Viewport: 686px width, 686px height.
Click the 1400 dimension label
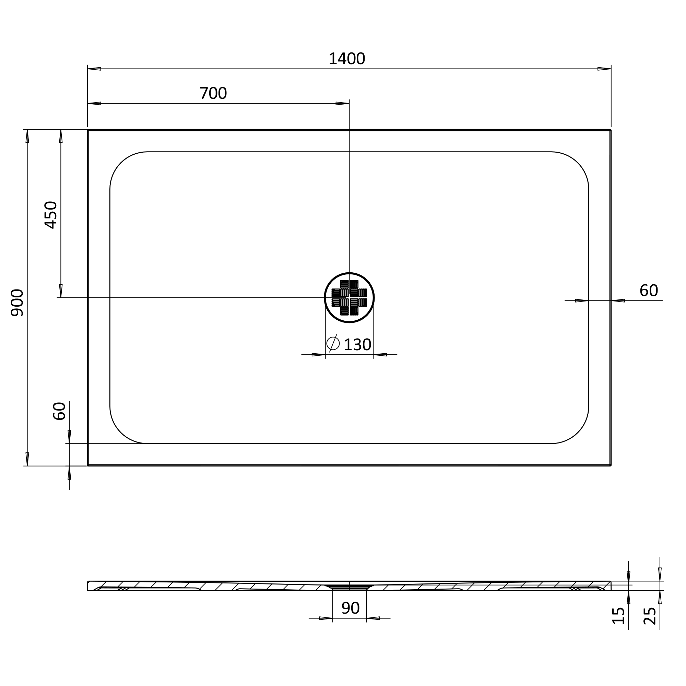[x=346, y=59]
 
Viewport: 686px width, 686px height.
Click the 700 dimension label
[x=213, y=94]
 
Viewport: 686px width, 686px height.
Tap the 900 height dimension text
[x=17, y=303]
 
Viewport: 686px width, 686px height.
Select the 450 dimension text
[x=51, y=215]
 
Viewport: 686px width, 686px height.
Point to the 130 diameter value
[x=357, y=345]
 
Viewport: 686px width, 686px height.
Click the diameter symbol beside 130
[x=333, y=343]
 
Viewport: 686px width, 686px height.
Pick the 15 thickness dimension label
[x=618, y=616]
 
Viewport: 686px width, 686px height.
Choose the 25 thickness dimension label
[x=649, y=616]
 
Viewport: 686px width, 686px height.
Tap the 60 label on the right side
[x=649, y=291]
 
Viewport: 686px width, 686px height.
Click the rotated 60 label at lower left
[x=59, y=411]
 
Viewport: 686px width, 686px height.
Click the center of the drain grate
[x=349, y=297]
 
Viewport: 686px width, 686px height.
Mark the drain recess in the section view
[x=350, y=587]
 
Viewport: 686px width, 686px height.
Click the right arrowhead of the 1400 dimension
[x=604, y=69]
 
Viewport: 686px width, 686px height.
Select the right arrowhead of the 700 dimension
[x=343, y=104]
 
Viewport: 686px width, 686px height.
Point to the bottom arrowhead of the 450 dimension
[x=61, y=291]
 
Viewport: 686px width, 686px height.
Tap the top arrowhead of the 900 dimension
[x=27, y=137]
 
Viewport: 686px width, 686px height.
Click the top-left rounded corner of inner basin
[x=121, y=163]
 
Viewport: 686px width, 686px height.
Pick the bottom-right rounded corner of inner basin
[x=578, y=432]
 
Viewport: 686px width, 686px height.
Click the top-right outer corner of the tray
[x=611, y=130]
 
